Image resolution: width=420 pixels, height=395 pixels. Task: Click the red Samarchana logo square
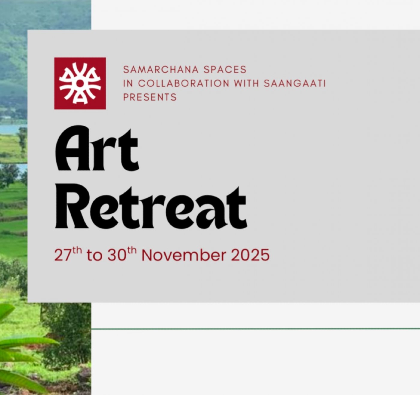coord(80,83)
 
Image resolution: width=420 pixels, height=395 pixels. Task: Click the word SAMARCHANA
coord(161,70)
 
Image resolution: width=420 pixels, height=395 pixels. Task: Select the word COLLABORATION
coord(184,83)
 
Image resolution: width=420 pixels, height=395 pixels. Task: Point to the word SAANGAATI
coord(295,83)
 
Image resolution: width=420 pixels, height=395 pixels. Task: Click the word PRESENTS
coord(150,97)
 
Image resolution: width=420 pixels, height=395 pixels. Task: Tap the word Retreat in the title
coord(151,206)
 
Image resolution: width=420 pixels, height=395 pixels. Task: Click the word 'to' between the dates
coord(94,256)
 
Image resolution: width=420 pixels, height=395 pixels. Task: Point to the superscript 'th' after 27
coord(77,250)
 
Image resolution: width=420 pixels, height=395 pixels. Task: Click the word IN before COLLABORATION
coord(128,83)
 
